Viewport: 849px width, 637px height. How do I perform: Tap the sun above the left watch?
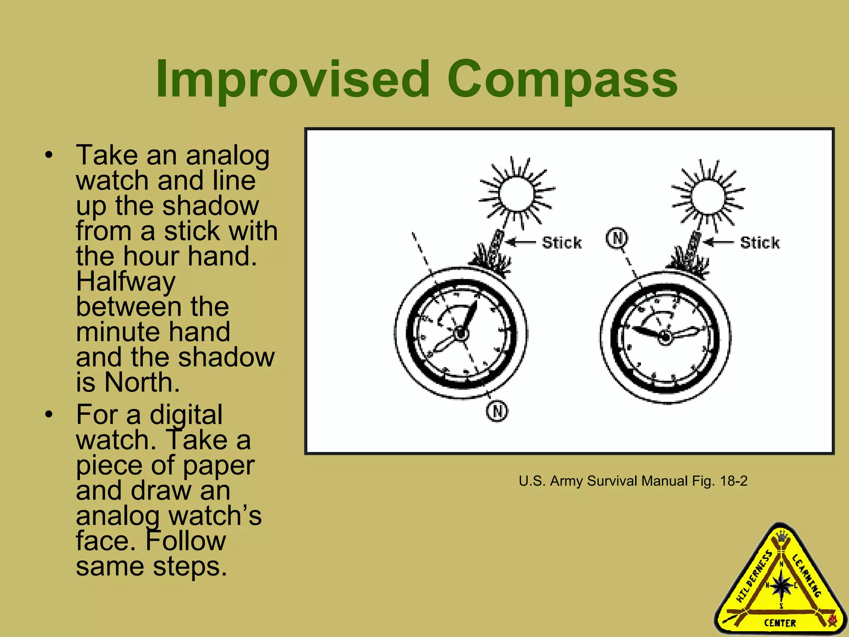[516, 193]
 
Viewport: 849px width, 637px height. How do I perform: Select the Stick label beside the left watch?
[562, 243]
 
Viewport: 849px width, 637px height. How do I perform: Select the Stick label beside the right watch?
[760, 243]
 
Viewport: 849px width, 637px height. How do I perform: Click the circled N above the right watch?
[617, 238]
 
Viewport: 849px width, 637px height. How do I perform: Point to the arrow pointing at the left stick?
[522, 242]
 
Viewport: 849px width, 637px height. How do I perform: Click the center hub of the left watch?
[461, 333]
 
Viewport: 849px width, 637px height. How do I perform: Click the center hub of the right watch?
[665, 337]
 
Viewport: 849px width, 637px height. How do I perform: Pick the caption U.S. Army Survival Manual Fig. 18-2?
[633, 481]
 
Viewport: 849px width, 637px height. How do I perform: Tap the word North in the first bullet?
[142, 382]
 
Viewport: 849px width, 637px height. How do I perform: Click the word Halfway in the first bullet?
[126, 282]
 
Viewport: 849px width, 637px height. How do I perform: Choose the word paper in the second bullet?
[218, 465]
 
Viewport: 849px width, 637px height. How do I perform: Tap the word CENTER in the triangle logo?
[780, 623]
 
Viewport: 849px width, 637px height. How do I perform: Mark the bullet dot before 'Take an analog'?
[49, 156]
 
